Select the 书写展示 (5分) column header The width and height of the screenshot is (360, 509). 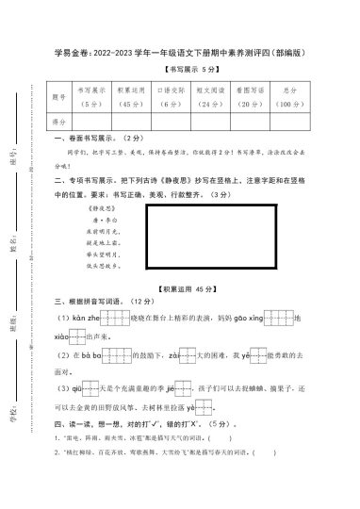point(92,95)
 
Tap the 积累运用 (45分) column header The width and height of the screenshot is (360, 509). point(130,95)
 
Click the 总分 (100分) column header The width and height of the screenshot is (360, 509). point(289,95)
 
